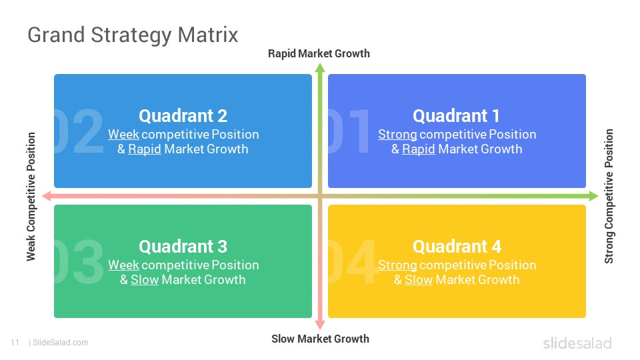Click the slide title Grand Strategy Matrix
point(133,35)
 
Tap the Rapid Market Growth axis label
point(319,53)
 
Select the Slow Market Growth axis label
point(320,339)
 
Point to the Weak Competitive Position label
point(31,196)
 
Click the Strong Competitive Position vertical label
point(609,196)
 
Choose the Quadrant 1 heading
point(456,116)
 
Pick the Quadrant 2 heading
point(183,116)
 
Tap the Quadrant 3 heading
point(183,247)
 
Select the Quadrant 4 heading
point(457,247)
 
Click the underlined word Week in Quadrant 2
point(123,135)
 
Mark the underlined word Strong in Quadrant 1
point(397,135)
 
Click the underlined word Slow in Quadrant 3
point(144,280)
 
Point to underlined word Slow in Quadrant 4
point(418,280)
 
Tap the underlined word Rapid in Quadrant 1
point(418,149)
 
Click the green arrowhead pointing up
point(320,67)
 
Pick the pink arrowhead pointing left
point(46,196)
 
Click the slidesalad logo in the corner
point(577,343)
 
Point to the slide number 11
point(15,343)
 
